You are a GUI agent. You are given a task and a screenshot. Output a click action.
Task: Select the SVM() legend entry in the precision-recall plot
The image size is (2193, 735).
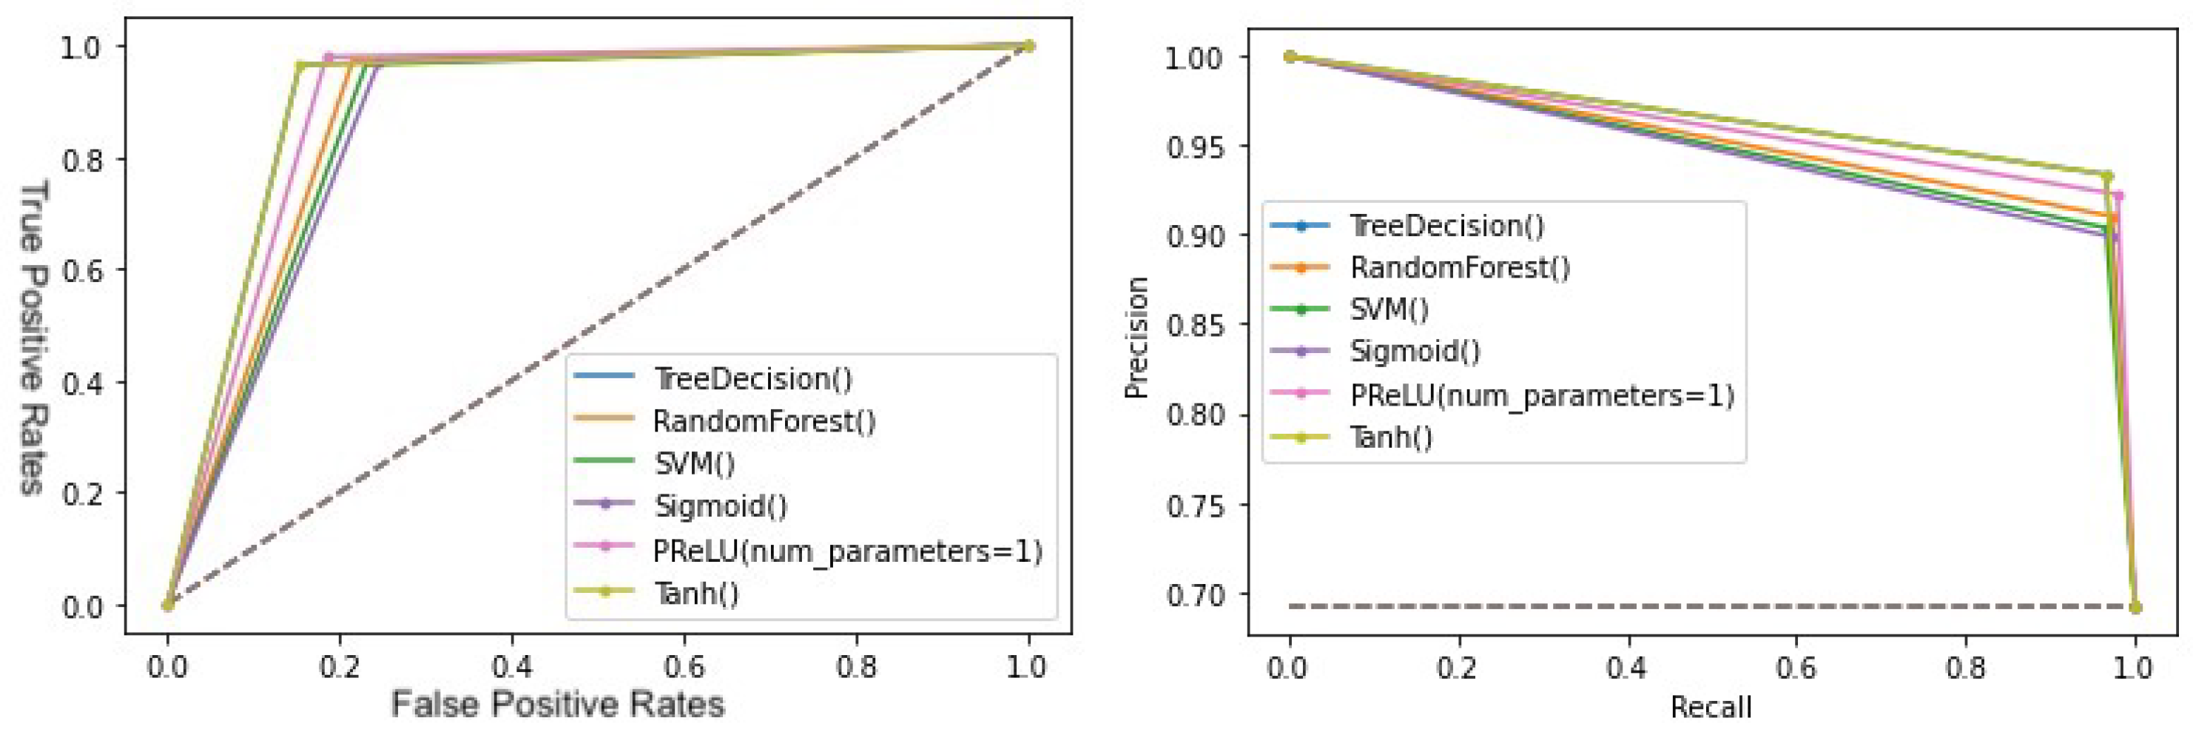[1389, 309]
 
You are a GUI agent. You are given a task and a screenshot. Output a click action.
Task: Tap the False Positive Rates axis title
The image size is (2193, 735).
[558, 705]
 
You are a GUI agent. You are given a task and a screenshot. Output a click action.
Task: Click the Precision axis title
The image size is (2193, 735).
[1136, 338]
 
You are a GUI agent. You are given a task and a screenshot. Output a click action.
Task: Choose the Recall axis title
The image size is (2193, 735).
[1711, 708]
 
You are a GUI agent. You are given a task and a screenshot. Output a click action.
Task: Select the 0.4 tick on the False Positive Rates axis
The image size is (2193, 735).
[512, 667]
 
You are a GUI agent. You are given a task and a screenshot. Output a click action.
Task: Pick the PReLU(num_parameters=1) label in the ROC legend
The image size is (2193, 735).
[847, 550]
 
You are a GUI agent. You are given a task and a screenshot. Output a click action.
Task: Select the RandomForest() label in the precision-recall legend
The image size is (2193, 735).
[1459, 267]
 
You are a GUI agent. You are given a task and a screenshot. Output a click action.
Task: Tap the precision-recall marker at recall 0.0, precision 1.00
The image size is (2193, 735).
[1290, 56]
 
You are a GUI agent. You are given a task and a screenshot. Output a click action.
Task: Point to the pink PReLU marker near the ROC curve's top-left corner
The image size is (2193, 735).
[329, 57]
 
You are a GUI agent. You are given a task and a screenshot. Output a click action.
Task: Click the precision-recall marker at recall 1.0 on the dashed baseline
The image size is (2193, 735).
[2135, 607]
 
